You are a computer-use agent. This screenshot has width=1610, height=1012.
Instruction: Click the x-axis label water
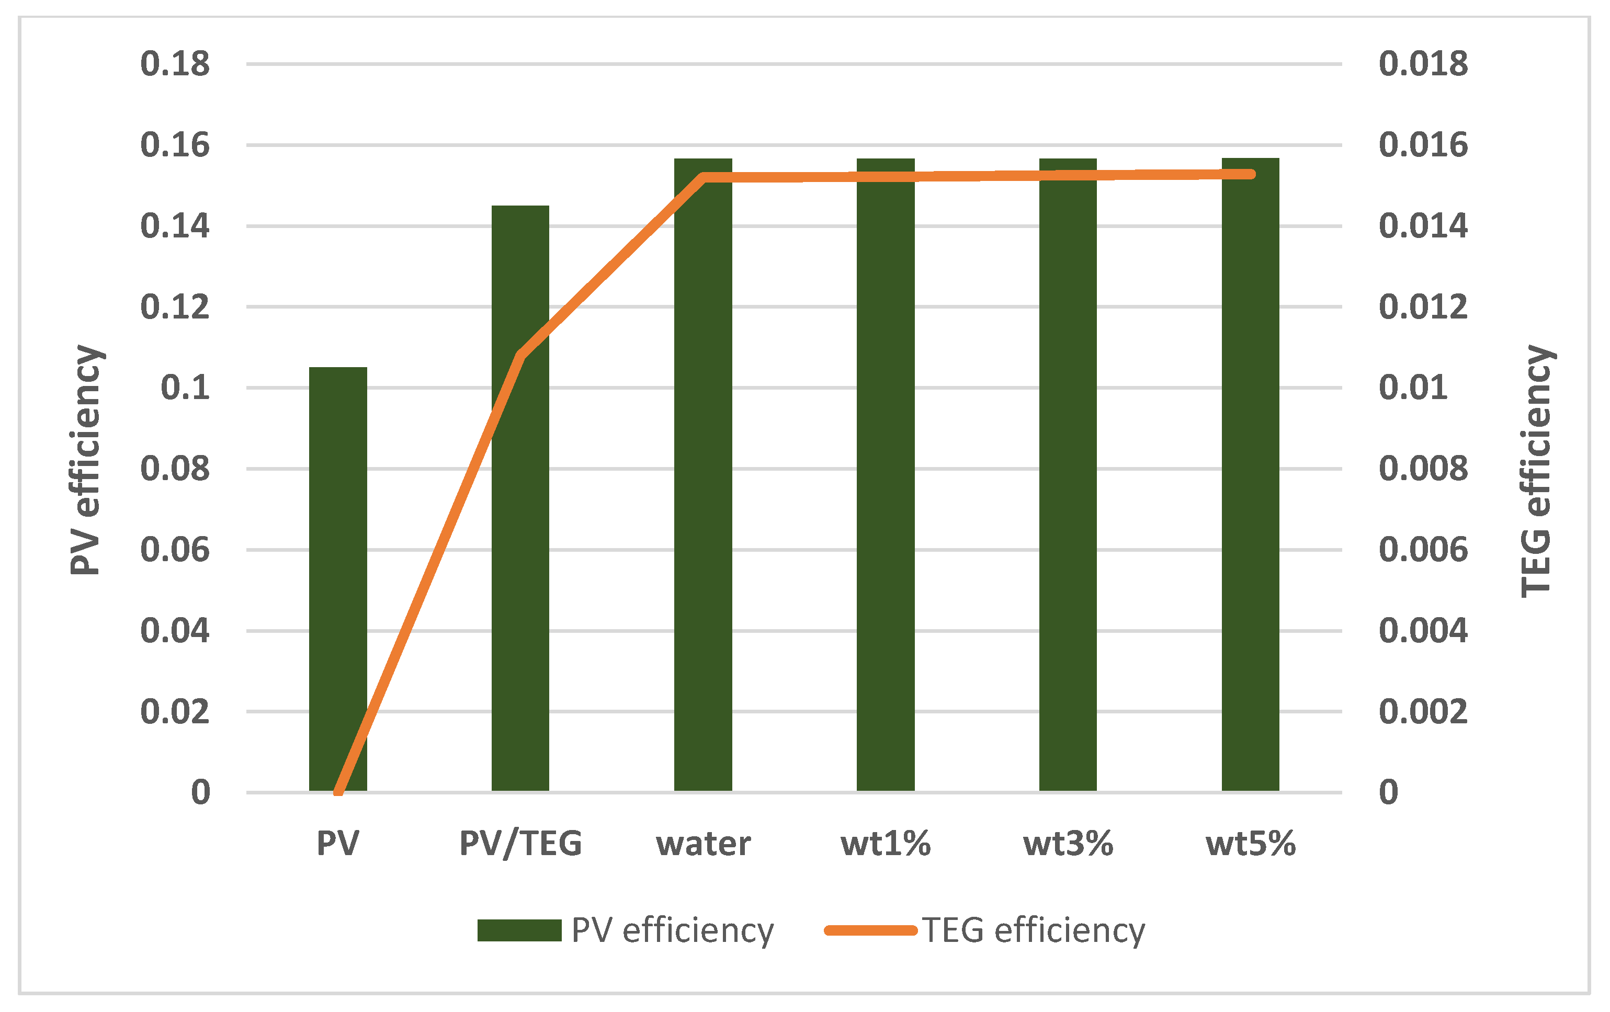coord(702,844)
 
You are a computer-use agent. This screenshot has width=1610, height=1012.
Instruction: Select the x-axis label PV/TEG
coord(520,844)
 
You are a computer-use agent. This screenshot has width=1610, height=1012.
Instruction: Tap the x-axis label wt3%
coord(1068,844)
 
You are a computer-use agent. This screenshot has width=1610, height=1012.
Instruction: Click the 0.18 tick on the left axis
coord(175,64)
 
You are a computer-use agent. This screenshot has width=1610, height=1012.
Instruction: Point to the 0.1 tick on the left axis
coord(185,388)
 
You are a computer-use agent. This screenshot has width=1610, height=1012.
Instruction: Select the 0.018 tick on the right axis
coord(1423,64)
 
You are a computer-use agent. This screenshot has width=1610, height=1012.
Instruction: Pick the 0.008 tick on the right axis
coord(1423,469)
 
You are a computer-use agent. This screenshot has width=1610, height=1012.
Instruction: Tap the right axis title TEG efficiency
coord(1536,471)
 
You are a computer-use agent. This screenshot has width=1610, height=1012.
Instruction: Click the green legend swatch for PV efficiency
coord(519,930)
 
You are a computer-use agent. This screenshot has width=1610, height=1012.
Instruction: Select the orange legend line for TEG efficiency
coord(870,930)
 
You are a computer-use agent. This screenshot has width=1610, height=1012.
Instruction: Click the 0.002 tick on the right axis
coord(1423,711)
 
